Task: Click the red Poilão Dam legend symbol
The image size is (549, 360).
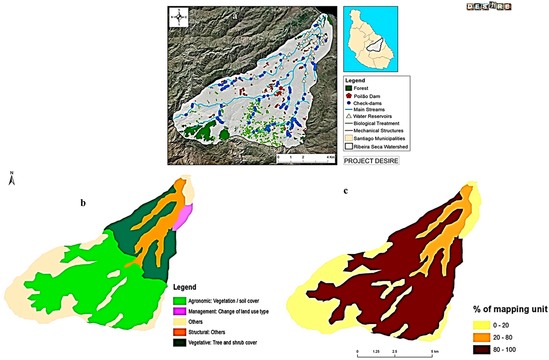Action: click(348, 95)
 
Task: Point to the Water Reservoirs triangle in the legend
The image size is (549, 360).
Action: click(348, 116)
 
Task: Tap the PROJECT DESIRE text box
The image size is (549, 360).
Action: click(371, 160)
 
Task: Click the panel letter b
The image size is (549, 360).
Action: click(83, 202)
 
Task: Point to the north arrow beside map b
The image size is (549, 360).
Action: click(11, 179)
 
